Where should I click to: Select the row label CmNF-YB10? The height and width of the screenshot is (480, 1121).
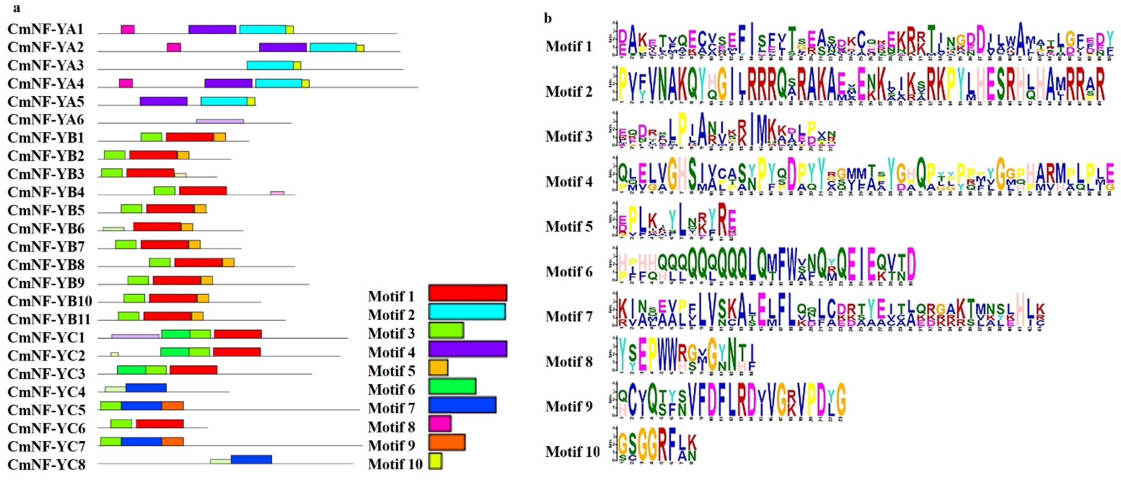click(49, 301)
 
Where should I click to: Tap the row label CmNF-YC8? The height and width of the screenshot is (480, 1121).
click(47, 464)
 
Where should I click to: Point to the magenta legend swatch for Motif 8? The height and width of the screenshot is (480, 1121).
click(440, 423)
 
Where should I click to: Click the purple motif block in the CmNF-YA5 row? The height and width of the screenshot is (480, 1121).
click(164, 101)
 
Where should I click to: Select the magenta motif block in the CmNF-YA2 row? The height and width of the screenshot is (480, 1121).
click(174, 47)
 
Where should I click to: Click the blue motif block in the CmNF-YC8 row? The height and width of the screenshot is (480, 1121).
click(251, 460)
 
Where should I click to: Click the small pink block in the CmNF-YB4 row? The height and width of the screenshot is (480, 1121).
click(277, 193)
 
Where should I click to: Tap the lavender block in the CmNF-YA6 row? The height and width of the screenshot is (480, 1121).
click(220, 121)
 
